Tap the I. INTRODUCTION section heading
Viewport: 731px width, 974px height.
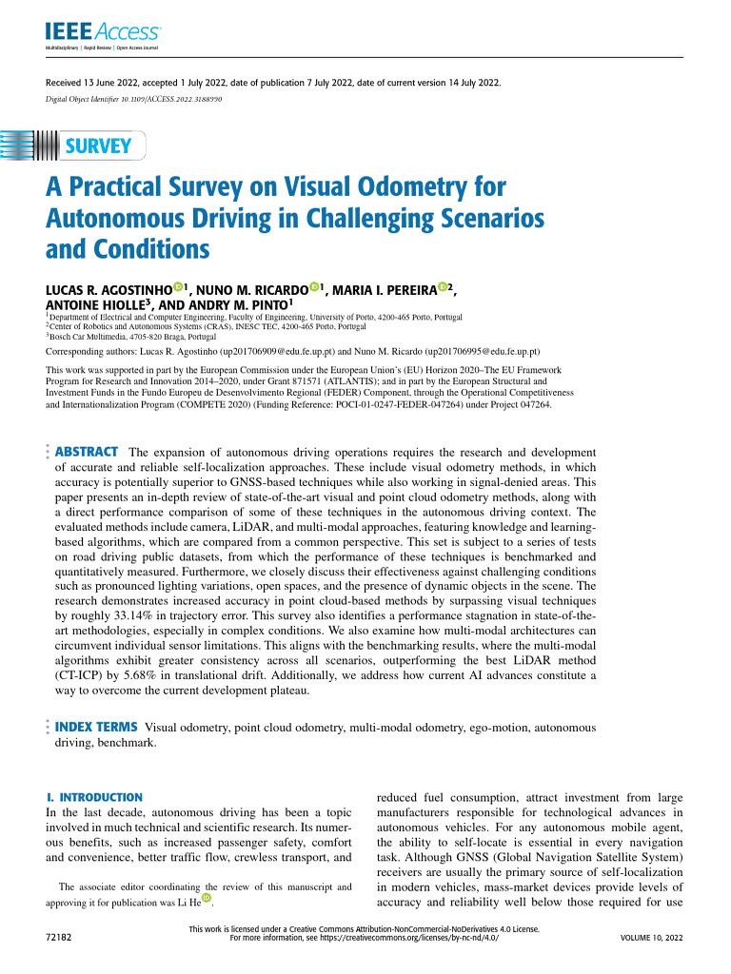(x=95, y=796)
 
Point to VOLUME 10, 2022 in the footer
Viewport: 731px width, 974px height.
(x=652, y=938)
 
